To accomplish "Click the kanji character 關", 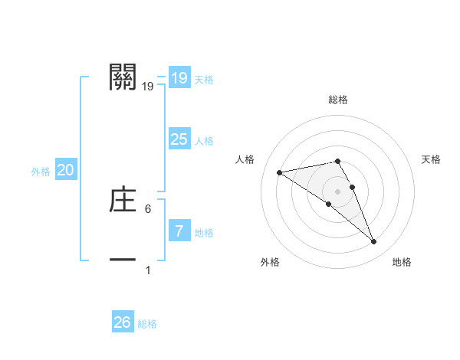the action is click(x=123, y=77).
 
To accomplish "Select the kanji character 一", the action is click(x=123, y=260).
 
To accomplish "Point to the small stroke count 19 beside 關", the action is click(x=148, y=87).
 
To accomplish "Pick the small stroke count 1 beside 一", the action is click(x=148, y=270).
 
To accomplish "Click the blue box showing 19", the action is click(x=179, y=78).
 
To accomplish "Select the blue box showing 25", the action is click(x=179, y=139).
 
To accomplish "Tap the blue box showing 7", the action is click(x=179, y=231).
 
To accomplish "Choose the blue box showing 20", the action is click(x=65, y=171).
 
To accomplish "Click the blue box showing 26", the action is click(x=122, y=322).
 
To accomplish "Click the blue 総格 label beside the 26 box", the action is click(x=147, y=324).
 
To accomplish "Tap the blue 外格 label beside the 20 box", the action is click(x=41, y=172).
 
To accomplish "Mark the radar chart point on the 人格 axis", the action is click(x=280, y=172).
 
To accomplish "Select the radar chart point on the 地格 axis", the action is click(x=373, y=242).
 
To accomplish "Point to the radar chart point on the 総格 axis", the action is click(x=337, y=161).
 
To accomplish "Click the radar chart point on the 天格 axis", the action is click(x=352, y=187).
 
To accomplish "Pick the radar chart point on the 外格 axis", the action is click(x=328, y=204).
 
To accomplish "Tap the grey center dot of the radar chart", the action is click(x=337, y=191).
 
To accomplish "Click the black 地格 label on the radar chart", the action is click(x=402, y=262).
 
